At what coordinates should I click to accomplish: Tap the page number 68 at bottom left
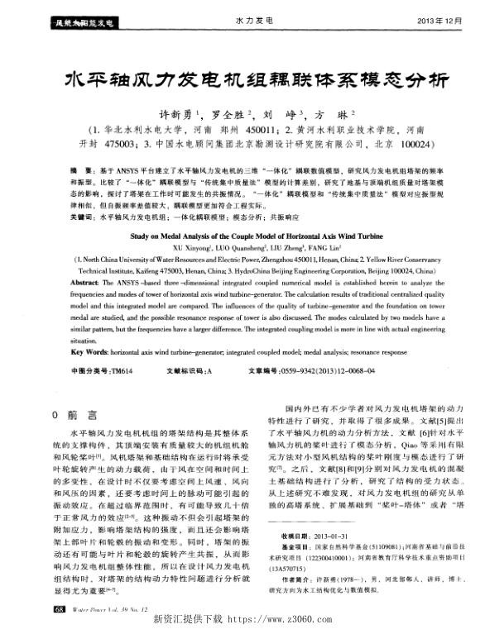[x=58, y=609]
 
